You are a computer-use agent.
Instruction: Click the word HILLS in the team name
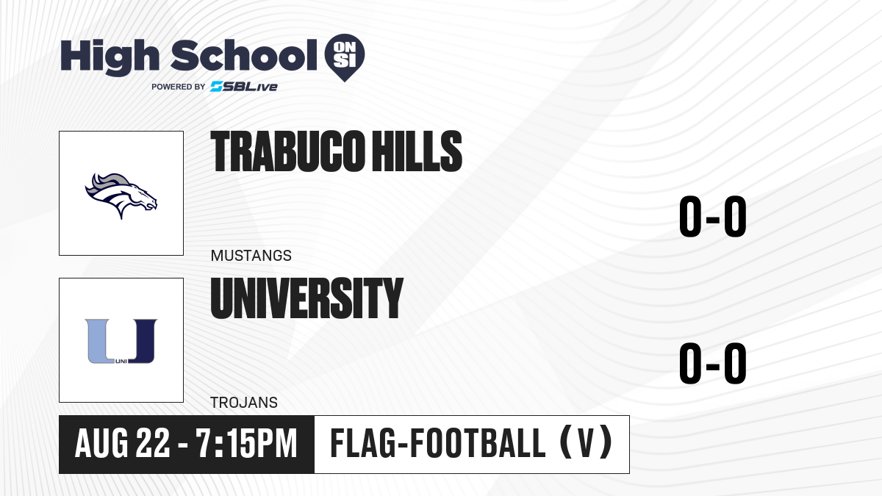point(417,151)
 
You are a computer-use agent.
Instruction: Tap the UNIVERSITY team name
point(307,298)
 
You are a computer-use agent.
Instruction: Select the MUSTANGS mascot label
point(251,256)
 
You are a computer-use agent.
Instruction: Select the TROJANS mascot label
point(244,403)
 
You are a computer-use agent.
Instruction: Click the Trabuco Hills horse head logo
point(121,195)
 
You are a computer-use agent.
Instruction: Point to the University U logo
point(121,341)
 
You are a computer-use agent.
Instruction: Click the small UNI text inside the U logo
point(121,362)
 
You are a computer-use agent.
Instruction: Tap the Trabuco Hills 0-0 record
point(713,216)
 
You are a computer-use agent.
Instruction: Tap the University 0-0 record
point(713,363)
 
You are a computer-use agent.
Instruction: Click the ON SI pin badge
point(345,57)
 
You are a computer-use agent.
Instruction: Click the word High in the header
point(110,57)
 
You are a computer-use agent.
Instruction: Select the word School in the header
point(244,55)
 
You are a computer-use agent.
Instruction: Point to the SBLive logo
point(244,87)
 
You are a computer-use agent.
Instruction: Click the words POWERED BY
point(179,87)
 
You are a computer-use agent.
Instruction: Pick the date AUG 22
point(123,444)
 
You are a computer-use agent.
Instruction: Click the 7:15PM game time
point(246,444)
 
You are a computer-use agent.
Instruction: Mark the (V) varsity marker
point(587,444)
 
